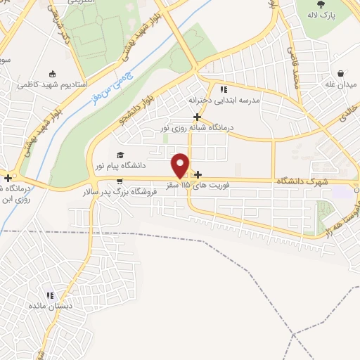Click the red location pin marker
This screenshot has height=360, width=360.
[181, 165]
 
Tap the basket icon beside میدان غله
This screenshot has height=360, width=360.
[342, 73]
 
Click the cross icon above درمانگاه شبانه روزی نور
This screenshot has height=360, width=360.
[198, 117]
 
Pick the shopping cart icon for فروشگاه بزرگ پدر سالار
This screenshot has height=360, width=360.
[108, 181]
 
